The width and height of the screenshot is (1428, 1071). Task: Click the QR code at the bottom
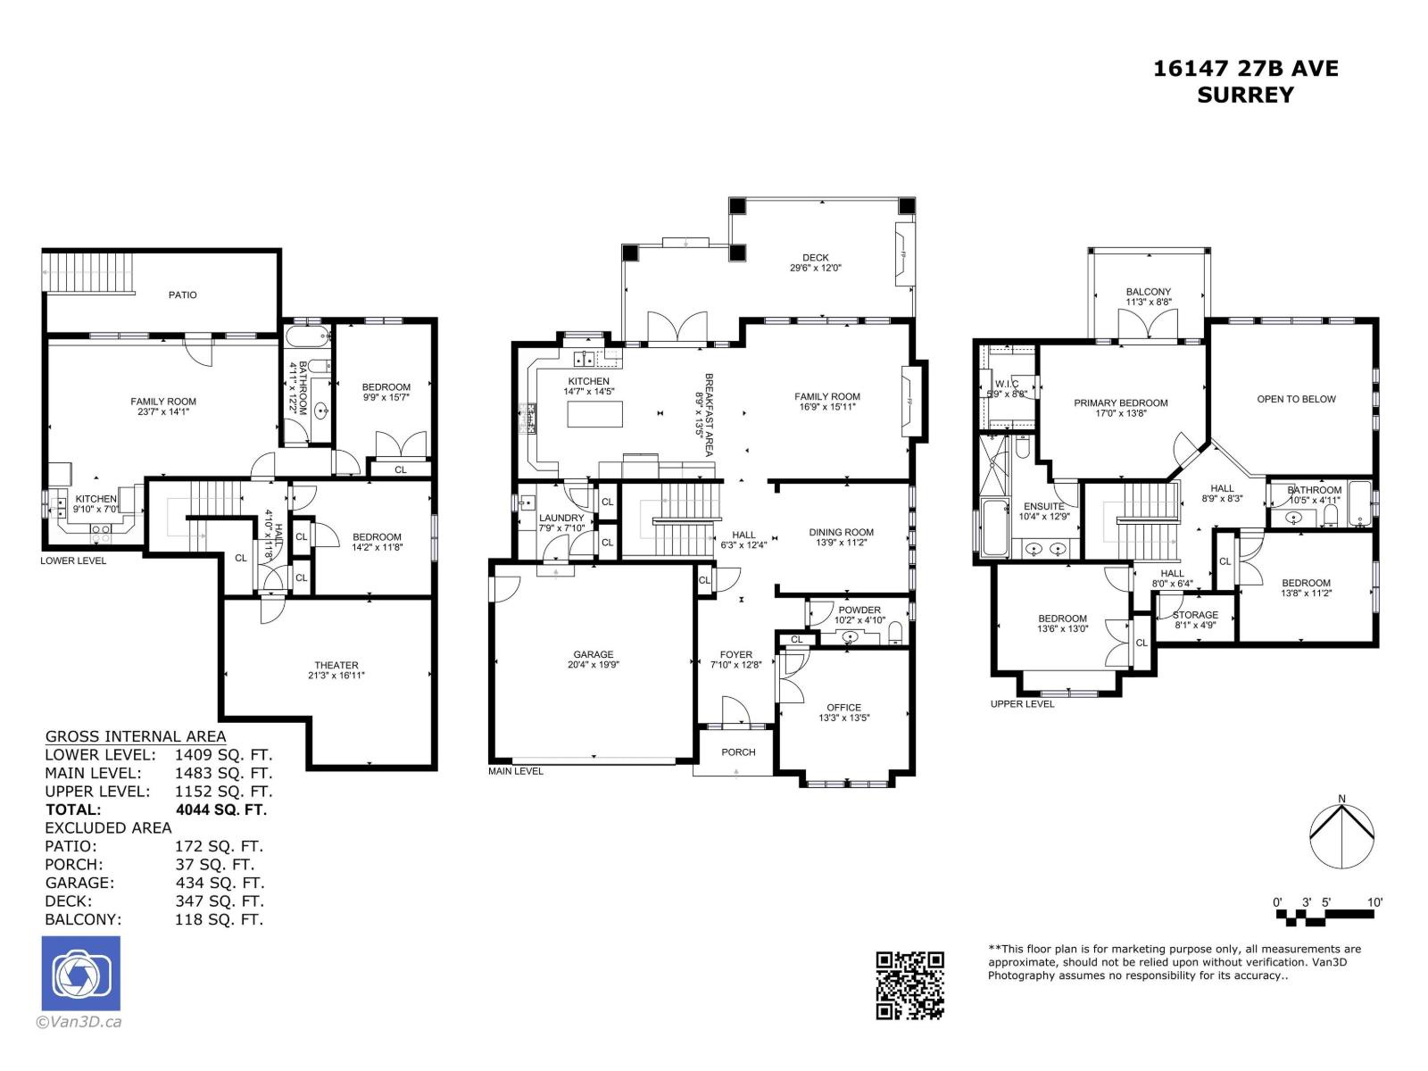click(x=909, y=984)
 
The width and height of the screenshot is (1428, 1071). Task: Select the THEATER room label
click(x=336, y=665)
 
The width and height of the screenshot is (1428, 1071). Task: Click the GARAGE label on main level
click(x=594, y=654)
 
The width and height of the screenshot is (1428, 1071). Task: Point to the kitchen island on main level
click(x=594, y=414)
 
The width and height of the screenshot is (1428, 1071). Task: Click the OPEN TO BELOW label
click(x=1296, y=399)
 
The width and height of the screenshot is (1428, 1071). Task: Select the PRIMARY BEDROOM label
click(x=1120, y=403)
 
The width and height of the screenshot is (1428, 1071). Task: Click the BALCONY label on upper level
click(x=1148, y=292)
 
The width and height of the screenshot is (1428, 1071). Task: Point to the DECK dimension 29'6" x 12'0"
click(x=815, y=268)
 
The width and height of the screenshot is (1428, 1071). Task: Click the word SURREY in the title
click(x=1245, y=95)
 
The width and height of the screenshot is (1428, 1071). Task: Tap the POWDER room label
click(x=859, y=610)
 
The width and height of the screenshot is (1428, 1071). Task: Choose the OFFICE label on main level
click(x=843, y=707)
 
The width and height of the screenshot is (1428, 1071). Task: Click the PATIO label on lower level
click(x=182, y=295)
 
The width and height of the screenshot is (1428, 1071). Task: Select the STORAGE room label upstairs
click(x=1195, y=615)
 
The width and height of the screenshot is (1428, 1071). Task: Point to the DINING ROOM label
click(x=841, y=532)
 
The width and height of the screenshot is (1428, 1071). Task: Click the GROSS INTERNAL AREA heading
click(x=136, y=736)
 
